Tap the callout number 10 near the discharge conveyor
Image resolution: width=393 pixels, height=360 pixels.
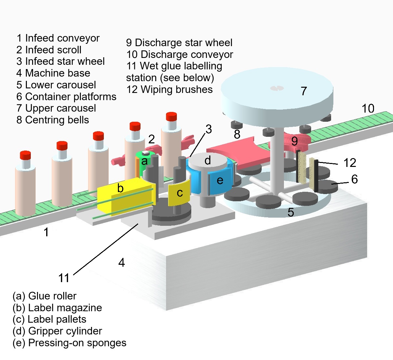tap(368, 108)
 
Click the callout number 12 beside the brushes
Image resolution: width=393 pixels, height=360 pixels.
tap(349, 163)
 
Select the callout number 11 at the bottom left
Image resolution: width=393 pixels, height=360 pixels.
tap(64, 278)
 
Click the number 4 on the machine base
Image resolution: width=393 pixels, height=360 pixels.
tap(122, 262)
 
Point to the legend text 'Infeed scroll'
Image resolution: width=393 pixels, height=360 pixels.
tap(53, 50)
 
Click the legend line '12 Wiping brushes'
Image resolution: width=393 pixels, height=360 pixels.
tap(169, 89)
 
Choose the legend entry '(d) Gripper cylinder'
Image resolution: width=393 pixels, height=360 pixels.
tap(57, 331)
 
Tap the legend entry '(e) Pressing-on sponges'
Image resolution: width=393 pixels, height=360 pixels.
tap(69, 343)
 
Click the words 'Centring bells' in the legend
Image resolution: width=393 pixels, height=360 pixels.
tap(57, 120)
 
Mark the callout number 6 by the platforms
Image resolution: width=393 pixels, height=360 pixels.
tap(354, 179)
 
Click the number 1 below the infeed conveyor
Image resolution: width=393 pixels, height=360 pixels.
tap(46, 232)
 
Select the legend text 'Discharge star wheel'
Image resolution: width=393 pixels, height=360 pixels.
tap(183, 43)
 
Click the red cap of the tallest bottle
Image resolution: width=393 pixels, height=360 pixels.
tap(171, 117)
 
